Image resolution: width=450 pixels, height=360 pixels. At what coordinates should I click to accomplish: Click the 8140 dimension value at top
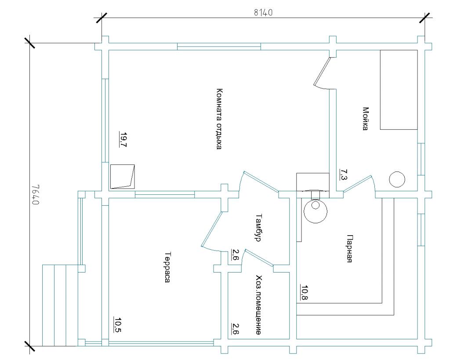pyautogui.click(x=263, y=13)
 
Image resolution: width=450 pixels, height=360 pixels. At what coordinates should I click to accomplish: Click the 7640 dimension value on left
pyautogui.click(x=35, y=194)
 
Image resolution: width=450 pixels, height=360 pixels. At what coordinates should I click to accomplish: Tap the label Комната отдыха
pyautogui.click(x=219, y=119)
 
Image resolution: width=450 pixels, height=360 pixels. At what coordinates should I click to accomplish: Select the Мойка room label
pyautogui.click(x=365, y=119)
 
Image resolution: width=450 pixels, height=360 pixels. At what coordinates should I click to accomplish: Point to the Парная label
pyautogui.click(x=349, y=249)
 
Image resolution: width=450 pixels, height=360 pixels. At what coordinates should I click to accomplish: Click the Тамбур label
pyautogui.click(x=258, y=227)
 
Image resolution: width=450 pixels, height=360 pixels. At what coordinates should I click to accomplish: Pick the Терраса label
pyautogui.click(x=168, y=267)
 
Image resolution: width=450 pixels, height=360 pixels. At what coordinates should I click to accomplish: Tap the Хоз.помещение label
pyautogui.click(x=258, y=305)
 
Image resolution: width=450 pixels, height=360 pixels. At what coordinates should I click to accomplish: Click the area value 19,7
pyautogui.click(x=123, y=139)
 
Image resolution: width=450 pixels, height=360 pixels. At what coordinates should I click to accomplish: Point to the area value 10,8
pyautogui.click(x=304, y=292)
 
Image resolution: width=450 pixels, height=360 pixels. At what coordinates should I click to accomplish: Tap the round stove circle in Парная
pyautogui.click(x=315, y=211)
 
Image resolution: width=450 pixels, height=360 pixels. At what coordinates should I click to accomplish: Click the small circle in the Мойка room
pyautogui.click(x=397, y=179)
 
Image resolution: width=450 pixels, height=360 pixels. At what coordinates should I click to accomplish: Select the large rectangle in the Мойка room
pyautogui.click(x=399, y=90)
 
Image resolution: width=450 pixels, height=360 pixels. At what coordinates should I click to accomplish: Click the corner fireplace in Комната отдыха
pyautogui.click(x=122, y=177)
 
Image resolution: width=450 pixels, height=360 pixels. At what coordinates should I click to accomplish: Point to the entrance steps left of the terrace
pyautogui.click(x=60, y=305)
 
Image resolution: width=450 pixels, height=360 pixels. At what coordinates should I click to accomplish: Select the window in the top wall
pyautogui.click(x=219, y=46)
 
